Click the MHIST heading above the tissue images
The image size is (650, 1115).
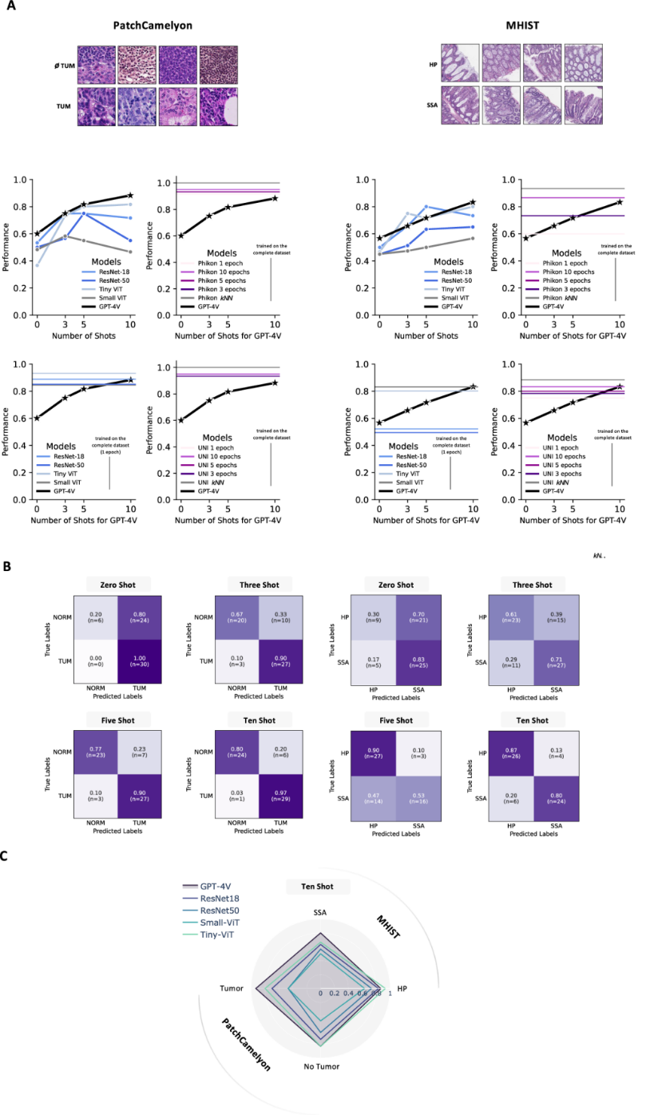pos(522,26)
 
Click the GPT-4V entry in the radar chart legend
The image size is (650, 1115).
pos(220,887)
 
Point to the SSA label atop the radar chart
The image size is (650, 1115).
pos(320,912)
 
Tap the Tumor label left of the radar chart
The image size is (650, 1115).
pos(232,989)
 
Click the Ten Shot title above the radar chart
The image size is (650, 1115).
pos(320,887)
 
